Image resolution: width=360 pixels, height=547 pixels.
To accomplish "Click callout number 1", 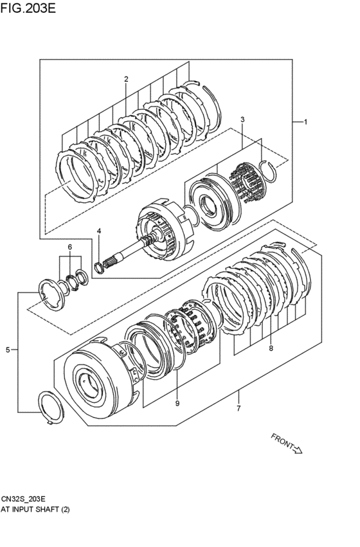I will [x=306, y=122].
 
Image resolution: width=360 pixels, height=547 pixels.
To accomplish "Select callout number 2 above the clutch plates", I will [x=126, y=79].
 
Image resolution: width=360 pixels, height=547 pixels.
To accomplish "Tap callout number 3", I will [x=242, y=120].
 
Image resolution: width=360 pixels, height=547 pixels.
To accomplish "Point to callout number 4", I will [x=99, y=231].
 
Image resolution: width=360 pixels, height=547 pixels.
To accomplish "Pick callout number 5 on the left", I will [x=8, y=350].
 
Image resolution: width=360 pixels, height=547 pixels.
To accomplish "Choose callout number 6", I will [x=70, y=247].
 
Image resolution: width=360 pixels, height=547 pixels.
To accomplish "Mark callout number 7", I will [x=239, y=409].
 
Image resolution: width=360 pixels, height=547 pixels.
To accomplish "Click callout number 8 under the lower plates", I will [x=271, y=349].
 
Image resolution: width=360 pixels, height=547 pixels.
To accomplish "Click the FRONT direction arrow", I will [x=297, y=449].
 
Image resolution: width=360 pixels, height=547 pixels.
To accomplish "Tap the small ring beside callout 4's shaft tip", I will [x=100, y=266].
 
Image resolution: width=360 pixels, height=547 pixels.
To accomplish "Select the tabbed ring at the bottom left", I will [x=51, y=408].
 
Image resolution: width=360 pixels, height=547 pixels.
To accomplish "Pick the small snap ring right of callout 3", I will [x=271, y=170].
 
